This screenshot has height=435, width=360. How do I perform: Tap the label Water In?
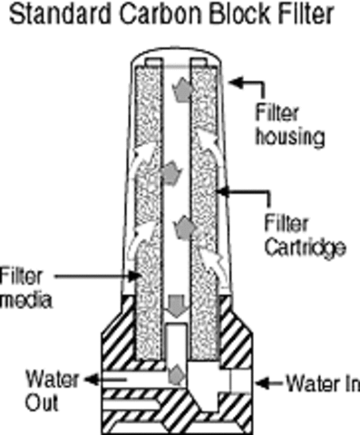tap(317, 383)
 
